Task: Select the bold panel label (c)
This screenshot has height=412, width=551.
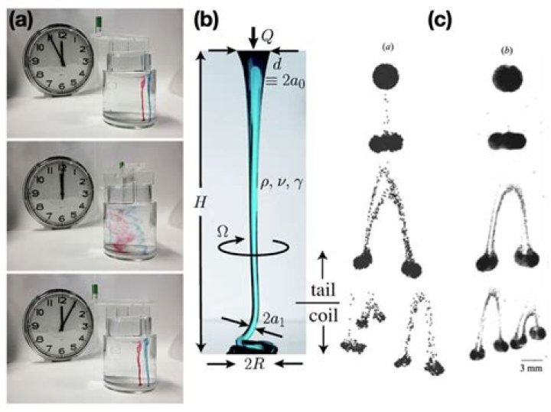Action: (440, 21)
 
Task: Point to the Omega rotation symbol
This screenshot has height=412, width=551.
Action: (223, 231)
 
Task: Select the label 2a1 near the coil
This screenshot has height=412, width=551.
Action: (273, 319)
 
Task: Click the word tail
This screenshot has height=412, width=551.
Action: (323, 290)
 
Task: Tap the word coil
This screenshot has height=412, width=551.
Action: (323, 316)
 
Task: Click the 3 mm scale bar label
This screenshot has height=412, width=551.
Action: (531, 368)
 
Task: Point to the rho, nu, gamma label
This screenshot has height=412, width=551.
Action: (280, 183)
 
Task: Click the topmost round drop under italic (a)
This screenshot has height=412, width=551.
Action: (386, 76)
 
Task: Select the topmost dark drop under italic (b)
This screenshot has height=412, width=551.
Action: (507, 77)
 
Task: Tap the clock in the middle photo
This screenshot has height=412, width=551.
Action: (59, 193)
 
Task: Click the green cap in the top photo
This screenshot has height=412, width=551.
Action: (99, 22)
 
